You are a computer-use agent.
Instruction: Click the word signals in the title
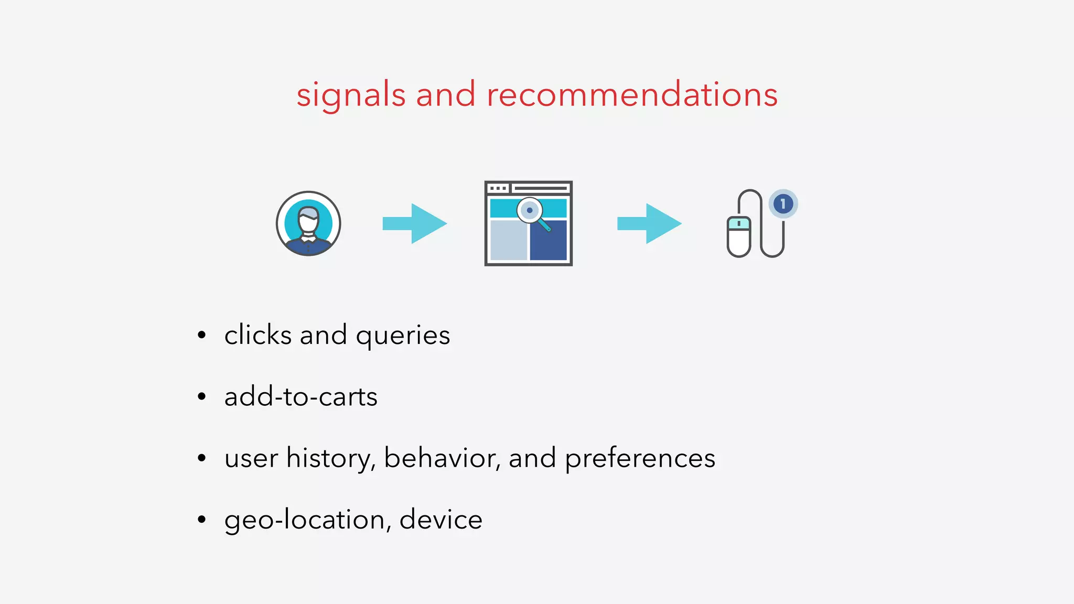coord(351,95)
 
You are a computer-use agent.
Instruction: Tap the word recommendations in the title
coord(632,95)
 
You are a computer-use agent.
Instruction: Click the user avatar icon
coord(308,223)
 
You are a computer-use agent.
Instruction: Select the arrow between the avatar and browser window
coord(415,223)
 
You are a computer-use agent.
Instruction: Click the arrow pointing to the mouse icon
coord(649,223)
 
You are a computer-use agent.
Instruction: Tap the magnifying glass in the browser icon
coord(531,212)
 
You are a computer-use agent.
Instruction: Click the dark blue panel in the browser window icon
coord(548,240)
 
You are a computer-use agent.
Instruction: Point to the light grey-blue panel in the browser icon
coord(508,240)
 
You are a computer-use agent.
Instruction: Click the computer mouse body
coord(738,237)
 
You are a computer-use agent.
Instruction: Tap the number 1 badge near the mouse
coord(783,203)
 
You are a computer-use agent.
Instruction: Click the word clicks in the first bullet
coord(257,335)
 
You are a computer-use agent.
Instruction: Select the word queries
coord(403,336)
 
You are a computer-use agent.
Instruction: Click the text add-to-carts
coord(300,397)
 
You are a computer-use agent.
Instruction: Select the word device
coord(441,520)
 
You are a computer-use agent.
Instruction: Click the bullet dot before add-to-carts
coord(202,397)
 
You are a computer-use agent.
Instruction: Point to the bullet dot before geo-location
coord(202,520)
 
